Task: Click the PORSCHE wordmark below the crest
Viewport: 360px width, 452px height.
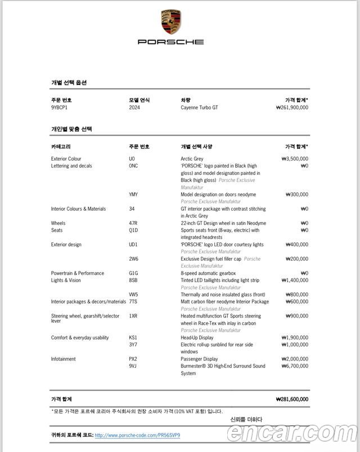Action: [171, 42]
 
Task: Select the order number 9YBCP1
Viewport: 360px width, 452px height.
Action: [59, 107]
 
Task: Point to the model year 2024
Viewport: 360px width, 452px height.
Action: [134, 107]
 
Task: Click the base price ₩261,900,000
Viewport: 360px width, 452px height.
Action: [292, 107]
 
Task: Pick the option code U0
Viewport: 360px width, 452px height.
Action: [132, 159]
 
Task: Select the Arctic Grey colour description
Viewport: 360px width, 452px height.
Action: [192, 159]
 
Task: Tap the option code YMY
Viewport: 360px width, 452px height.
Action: [133, 195]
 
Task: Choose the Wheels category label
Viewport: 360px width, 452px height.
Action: [58, 223]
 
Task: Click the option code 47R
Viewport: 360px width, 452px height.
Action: [133, 223]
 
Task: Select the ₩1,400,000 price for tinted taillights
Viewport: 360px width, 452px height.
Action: [294, 280]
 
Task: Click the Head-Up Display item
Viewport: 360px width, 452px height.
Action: [197, 337]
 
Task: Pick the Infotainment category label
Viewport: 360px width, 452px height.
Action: [63, 359]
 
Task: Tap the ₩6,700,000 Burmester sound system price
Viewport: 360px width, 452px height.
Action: [294, 366]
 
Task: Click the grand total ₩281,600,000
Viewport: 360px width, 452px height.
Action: [292, 399]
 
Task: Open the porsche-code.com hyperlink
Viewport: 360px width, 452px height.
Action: [137, 435]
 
